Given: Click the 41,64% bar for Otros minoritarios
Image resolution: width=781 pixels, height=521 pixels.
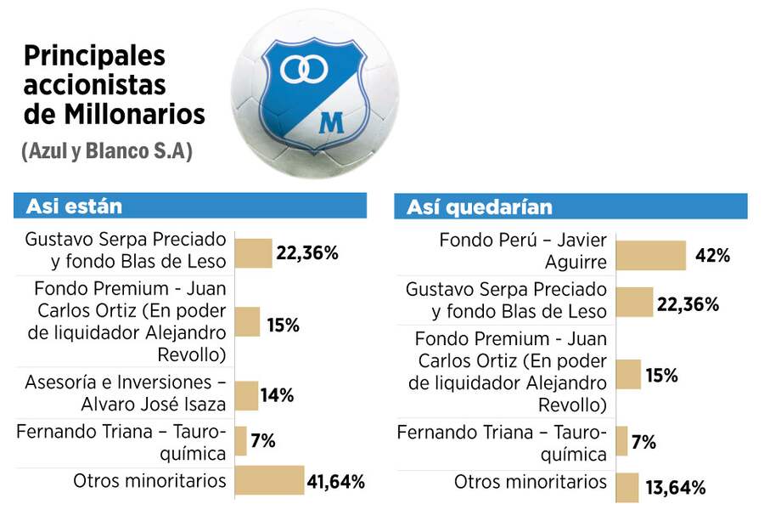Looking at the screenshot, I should (x=269, y=480).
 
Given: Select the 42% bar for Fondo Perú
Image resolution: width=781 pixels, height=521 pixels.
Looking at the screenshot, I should (x=650, y=255).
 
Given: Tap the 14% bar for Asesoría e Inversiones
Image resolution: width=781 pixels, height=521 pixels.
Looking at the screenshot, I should (x=246, y=395).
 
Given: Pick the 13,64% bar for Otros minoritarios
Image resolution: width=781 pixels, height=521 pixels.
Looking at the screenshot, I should (x=627, y=487).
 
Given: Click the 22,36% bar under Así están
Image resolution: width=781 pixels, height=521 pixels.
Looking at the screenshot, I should (x=253, y=252).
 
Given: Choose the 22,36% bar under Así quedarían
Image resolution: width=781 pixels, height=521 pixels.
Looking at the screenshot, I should (x=634, y=303).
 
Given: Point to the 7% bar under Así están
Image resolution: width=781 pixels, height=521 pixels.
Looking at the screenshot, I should (x=240, y=441).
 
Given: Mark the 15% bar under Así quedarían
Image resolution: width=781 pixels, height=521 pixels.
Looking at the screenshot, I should (x=628, y=375).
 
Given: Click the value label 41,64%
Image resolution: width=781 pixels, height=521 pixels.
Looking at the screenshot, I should (x=335, y=482).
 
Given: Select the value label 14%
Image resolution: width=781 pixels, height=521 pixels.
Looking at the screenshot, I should (x=277, y=395).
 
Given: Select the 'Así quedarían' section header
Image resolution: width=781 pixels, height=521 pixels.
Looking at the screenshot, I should (x=479, y=207).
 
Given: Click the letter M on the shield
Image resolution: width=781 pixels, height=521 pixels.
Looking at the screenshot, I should (x=330, y=122).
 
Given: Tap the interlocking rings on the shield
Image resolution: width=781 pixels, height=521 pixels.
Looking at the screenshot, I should (x=304, y=68).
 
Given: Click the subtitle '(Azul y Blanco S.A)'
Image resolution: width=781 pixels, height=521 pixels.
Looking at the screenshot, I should (x=107, y=152).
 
